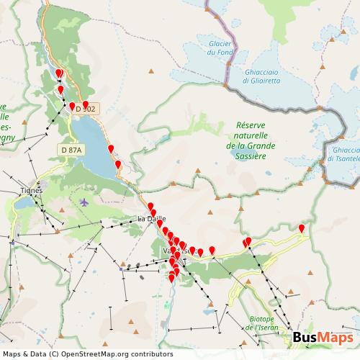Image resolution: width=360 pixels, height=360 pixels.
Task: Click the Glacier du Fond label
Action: [220, 48]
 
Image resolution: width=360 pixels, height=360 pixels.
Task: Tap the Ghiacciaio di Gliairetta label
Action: [261, 76]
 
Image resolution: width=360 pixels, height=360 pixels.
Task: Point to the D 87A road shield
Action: [71, 149]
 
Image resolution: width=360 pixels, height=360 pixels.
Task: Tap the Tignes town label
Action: [32, 191]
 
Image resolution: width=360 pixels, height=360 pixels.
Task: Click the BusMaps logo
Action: [323, 338]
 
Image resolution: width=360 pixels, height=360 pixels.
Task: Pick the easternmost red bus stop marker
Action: [302, 229]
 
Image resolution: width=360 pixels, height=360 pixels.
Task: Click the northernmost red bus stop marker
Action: [60, 73]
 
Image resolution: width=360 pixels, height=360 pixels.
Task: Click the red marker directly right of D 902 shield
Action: [86, 105]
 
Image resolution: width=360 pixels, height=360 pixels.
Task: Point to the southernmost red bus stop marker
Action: [171, 276]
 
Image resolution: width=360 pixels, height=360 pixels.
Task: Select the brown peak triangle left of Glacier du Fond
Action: [151, 71]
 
